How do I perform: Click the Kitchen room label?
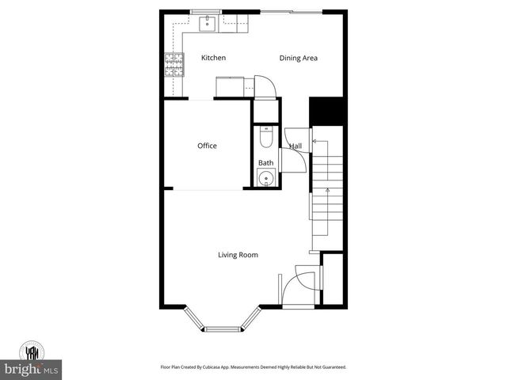point(213,58)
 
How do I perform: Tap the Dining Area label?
point(298,58)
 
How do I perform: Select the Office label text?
point(207,146)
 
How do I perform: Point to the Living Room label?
point(238,255)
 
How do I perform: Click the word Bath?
point(265,163)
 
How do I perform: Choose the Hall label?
point(295,146)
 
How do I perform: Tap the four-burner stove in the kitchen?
point(173,63)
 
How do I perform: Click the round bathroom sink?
point(265,178)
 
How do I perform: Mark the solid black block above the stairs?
point(326,110)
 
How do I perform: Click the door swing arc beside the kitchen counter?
point(265,85)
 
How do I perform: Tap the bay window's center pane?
point(225,327)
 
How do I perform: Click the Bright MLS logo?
point(32,369)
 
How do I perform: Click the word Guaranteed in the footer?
point(331,367)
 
